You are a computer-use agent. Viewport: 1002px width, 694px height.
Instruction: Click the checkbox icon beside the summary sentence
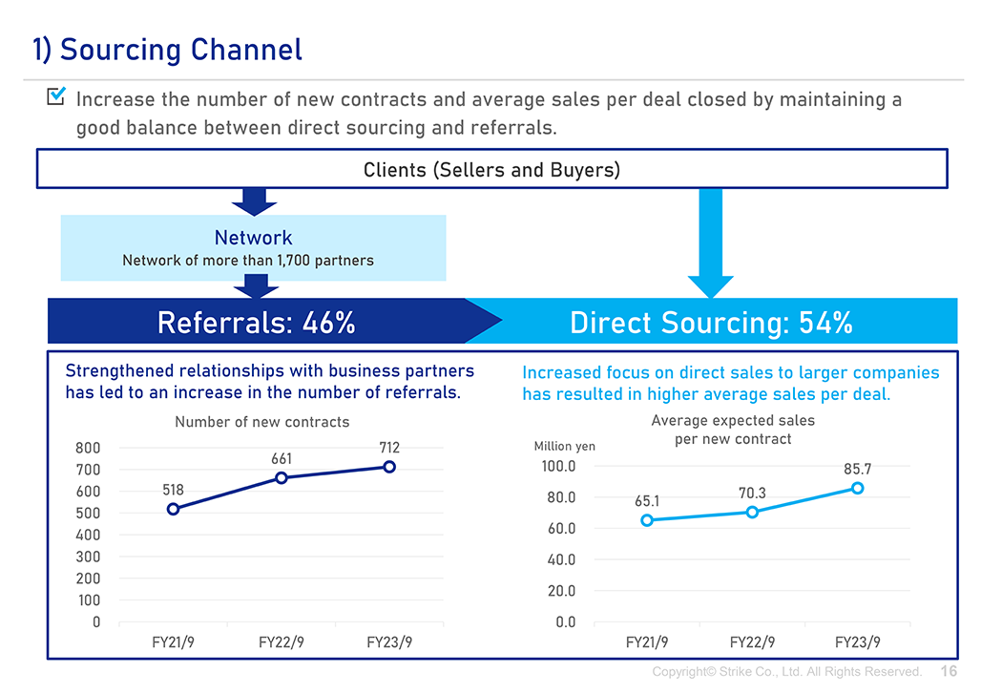(56, 95)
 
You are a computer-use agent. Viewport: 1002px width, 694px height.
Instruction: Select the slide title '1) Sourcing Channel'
(167, 50)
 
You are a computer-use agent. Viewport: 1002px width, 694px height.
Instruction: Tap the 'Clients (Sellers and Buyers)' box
(492, 169)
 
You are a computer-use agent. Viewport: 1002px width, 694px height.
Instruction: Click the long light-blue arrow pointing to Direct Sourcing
(711, 242)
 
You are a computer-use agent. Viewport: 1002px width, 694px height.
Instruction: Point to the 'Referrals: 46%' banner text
(257, 322)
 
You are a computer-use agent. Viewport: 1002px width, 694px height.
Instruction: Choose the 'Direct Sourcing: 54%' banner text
(711, 322)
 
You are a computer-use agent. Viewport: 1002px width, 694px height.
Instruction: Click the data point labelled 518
(173, 510)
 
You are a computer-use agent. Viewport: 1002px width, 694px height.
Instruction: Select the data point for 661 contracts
(282, 478)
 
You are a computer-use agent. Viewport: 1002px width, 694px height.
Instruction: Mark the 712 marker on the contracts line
(389, 467)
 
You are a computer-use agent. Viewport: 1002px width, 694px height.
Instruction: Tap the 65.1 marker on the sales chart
(647, 520)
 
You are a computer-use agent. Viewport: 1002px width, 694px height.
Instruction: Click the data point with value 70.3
(752, 512)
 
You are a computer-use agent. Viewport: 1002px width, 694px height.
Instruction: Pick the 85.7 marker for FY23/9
(858, 488)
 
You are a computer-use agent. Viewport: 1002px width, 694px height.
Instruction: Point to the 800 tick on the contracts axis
(88, 448)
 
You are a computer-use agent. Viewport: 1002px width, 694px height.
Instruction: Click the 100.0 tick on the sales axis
(558, 467)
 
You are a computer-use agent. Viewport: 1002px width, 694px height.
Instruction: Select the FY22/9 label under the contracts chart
(282, 642)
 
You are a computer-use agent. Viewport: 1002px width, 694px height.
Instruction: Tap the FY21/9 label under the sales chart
(647, 642)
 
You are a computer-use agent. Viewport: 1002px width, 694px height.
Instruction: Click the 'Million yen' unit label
(564, 446)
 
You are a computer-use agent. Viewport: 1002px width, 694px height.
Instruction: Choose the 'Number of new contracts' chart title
(262, 422)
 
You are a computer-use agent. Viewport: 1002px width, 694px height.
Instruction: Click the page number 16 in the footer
(949, 671)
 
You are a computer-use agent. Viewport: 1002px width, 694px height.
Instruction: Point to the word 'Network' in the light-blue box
(253, 238)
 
